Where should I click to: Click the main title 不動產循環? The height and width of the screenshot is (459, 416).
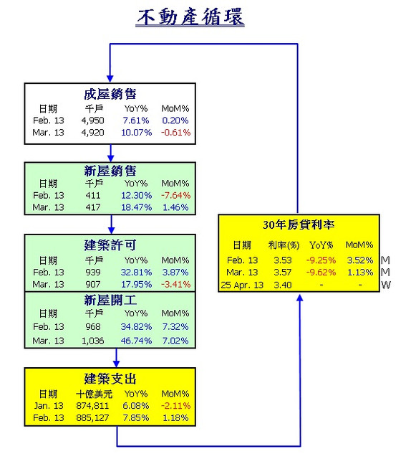point(190,17)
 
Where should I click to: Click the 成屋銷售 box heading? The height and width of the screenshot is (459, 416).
point(110,94)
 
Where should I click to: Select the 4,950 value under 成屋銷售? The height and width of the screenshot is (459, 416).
point(92,120)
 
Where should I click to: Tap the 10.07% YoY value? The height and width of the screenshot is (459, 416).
point(136,132)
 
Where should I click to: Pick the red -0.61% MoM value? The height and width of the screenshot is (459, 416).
point(175,132)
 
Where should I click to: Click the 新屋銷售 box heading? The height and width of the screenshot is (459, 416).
point(110,171)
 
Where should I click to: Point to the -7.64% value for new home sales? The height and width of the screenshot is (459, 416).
point(175,195)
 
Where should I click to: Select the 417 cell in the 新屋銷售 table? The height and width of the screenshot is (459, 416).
point(93,207)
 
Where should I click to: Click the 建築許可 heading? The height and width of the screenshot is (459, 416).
point(110,245)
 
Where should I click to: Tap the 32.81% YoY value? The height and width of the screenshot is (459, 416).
point(136,273)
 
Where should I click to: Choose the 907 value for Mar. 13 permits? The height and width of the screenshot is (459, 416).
point(93,284)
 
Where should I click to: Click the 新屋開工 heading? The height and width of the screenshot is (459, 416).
point(110,300)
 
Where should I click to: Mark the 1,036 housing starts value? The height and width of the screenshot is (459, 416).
point(92,341)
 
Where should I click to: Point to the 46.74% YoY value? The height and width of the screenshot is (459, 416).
point(136,341)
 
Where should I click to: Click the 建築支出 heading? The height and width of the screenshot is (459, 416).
point(110,379)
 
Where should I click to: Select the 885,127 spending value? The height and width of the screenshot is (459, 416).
point(92,417)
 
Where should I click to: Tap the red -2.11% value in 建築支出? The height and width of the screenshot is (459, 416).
point(175,406)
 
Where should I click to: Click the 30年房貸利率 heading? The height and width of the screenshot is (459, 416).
point(299,224)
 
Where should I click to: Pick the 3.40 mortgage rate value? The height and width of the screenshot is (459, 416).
point(283,285)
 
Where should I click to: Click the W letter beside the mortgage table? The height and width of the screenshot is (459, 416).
point(386,285)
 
